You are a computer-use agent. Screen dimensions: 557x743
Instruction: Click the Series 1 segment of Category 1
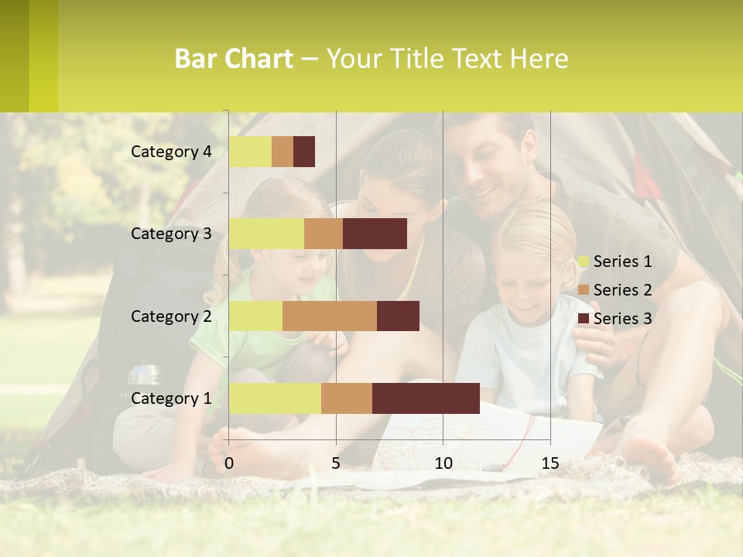click(x=275, y=398)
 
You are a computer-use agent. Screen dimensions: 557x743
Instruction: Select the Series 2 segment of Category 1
click(x=347, y=398)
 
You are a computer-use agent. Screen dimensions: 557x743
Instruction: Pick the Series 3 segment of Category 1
click(x=426, y=398)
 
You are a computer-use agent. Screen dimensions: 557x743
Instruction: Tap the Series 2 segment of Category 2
click(x=330, y=316)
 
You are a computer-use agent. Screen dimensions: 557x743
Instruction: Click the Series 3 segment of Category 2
click(x=398, y=316)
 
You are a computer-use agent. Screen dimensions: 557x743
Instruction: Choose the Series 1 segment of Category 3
click(x=266, y=234)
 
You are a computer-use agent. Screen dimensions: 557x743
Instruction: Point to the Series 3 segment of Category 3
click(x=375, y=234)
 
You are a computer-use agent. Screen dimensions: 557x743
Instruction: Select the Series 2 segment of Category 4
click(x=282, y=152)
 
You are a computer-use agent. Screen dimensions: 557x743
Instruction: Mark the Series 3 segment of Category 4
click(x=304, y=152)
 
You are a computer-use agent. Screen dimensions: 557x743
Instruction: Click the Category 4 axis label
click(x=171, y=152)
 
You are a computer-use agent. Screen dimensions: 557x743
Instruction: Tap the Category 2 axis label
click(x=171, y=316)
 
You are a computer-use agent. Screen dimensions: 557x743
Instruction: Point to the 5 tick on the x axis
click(x=336, y=463)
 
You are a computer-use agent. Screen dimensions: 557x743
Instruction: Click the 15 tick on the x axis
click(x=550, y=463)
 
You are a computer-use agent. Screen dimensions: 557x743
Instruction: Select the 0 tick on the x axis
click(x=229, y=463)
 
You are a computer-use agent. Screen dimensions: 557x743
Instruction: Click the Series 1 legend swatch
click(x=583, y=261)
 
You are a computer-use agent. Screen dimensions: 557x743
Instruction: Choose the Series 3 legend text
click(x=622, y=319)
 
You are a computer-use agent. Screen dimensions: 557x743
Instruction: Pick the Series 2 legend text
click(x=622, y=290)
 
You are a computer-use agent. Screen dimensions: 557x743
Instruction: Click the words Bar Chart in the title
click(x=234, y=59)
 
